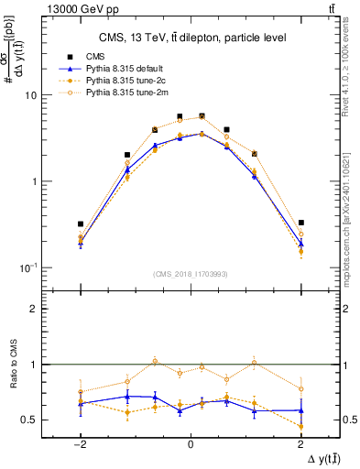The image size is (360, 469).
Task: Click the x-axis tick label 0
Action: tap(191, 444)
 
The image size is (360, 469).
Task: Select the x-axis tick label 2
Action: tap(300, 444)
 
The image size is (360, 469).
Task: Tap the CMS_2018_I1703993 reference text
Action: tap(191, 274)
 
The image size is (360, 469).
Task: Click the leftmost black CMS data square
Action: tap(81, 224)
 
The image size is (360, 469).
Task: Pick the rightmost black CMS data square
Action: tap(300, 223)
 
